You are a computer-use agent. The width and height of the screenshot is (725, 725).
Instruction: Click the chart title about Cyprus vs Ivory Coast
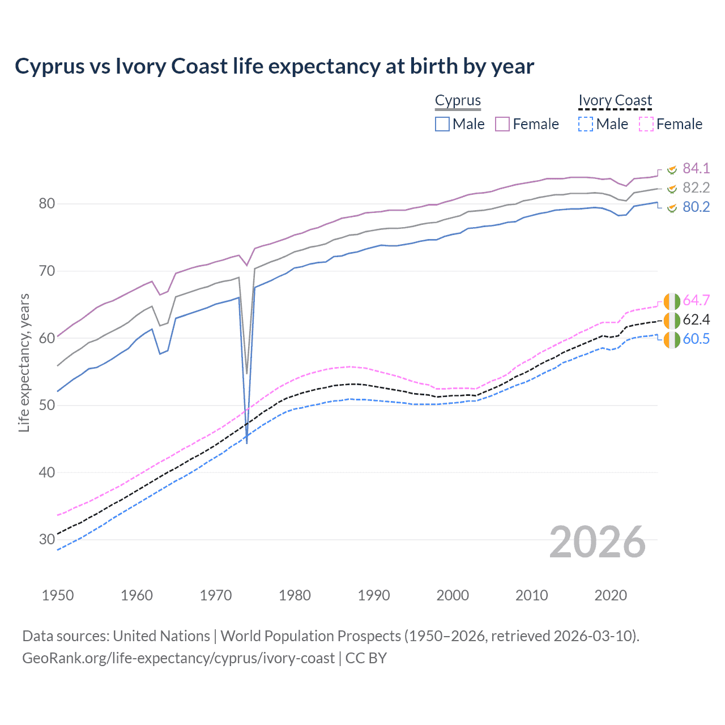tap(274, 66)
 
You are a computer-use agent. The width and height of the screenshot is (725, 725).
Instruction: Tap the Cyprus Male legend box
tap(442, 124)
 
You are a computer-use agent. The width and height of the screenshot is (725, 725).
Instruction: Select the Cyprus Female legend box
tap(502, 124)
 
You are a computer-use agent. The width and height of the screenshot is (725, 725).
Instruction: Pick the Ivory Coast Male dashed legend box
tap(586, 124)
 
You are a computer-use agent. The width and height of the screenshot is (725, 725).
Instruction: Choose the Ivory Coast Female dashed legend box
tap(646, 124)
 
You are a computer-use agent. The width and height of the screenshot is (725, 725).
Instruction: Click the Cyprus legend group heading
tap(458, 101)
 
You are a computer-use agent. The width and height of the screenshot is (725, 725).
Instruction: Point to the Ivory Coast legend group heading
tap(615, 101)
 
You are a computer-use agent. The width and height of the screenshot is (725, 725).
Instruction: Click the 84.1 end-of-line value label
tap(696, 168)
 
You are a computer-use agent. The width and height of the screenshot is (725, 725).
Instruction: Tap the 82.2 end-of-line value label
tap(696, 187)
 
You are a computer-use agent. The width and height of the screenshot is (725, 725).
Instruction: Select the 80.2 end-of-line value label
tap(696, 207)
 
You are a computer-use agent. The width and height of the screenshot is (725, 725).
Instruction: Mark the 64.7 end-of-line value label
tap(696, 300)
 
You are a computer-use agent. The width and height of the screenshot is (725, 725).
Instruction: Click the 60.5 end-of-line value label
tap(696, 339)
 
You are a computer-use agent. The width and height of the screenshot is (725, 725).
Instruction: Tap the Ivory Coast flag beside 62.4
tap(672, 320)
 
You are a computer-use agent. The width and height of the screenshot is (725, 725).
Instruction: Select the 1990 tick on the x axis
tap(374, 595)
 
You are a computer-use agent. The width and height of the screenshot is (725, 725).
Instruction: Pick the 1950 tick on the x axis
tap(58, 595)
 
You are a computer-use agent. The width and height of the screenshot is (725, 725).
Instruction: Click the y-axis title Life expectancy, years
tap(24, 362)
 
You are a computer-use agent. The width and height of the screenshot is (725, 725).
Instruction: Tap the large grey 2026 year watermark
tap(597, 542)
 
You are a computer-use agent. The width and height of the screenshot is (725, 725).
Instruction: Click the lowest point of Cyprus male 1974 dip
tap(247, 443)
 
